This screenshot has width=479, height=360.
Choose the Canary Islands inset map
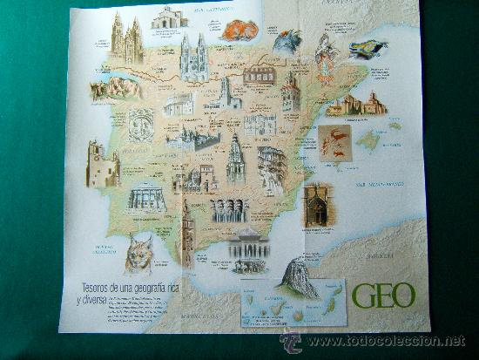(293, 306)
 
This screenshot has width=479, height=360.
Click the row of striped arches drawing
(229, 210)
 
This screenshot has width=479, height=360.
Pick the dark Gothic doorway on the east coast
(315, 204)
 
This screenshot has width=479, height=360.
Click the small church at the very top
(169, 17)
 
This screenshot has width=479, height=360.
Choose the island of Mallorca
(369, 139)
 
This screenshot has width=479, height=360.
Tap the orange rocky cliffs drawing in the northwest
(116, 86)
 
